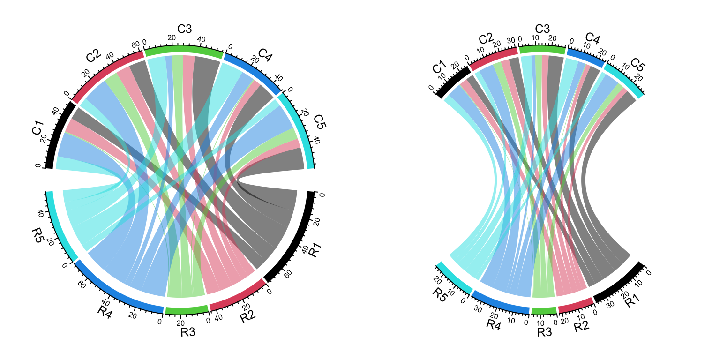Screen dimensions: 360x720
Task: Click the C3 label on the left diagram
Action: [184, 29]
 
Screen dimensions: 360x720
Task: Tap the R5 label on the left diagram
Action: [37, 234]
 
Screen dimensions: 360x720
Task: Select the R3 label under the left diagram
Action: [187, 333]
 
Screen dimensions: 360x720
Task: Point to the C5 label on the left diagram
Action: [320, 121]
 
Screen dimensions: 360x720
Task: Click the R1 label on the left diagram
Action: [315, 250]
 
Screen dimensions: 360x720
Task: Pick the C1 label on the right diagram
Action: [439, 68]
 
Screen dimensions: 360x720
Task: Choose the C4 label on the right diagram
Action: [592, 38]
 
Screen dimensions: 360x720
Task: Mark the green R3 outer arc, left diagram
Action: [187, 309]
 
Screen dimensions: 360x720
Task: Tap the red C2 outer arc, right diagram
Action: [493, 58]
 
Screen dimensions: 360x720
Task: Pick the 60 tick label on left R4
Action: [81, 284]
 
